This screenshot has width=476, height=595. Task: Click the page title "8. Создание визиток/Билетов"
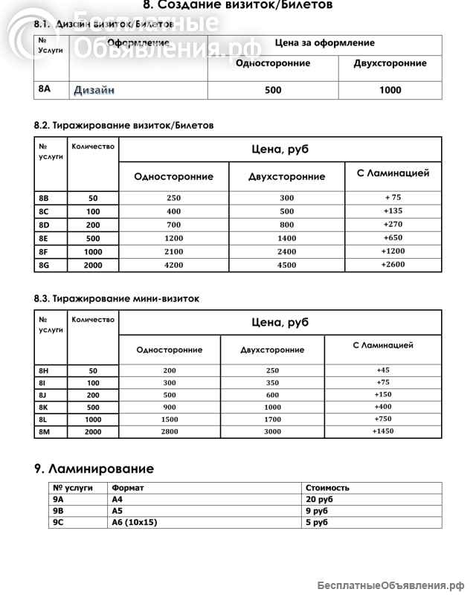237,6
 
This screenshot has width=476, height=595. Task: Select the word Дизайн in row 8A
94,90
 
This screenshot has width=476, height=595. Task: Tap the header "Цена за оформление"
324,43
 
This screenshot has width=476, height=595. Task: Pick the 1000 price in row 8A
390,90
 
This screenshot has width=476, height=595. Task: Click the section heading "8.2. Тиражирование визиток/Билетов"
123,126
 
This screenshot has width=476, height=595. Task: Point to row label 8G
44,265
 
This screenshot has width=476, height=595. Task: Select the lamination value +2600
393,265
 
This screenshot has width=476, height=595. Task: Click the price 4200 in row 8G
173,265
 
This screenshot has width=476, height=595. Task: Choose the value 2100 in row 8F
173,251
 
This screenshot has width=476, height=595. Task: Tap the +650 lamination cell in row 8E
393,238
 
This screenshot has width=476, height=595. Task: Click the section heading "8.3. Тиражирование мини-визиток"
116,298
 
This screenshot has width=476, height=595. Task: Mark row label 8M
44,431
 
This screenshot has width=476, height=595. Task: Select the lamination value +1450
383,431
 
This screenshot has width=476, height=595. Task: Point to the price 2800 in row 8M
170,431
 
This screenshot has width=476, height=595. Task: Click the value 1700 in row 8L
272,419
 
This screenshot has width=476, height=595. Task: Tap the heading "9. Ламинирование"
94,469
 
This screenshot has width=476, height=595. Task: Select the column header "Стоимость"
327,488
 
